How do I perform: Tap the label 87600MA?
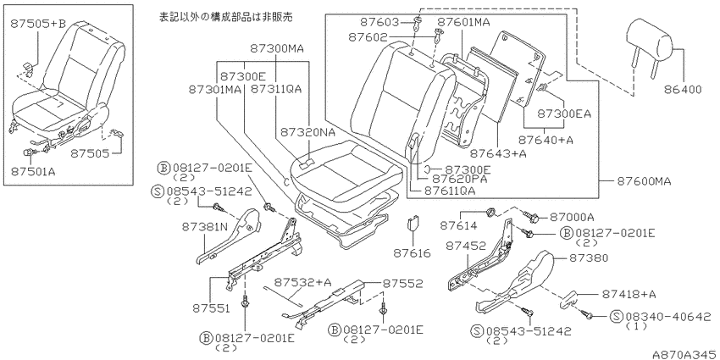tap(642, 182)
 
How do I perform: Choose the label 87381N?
tap(205, 226)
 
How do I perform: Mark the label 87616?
tap(412, 253)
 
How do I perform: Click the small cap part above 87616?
tap(412, 225)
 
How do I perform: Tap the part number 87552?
tap(403, 284)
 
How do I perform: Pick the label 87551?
tap(211, 308)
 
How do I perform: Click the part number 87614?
tap(459, 225)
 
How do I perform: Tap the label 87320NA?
tap(307, 132)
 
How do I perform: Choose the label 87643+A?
tap(498, 154)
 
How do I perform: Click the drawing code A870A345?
tap(685, 354)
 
